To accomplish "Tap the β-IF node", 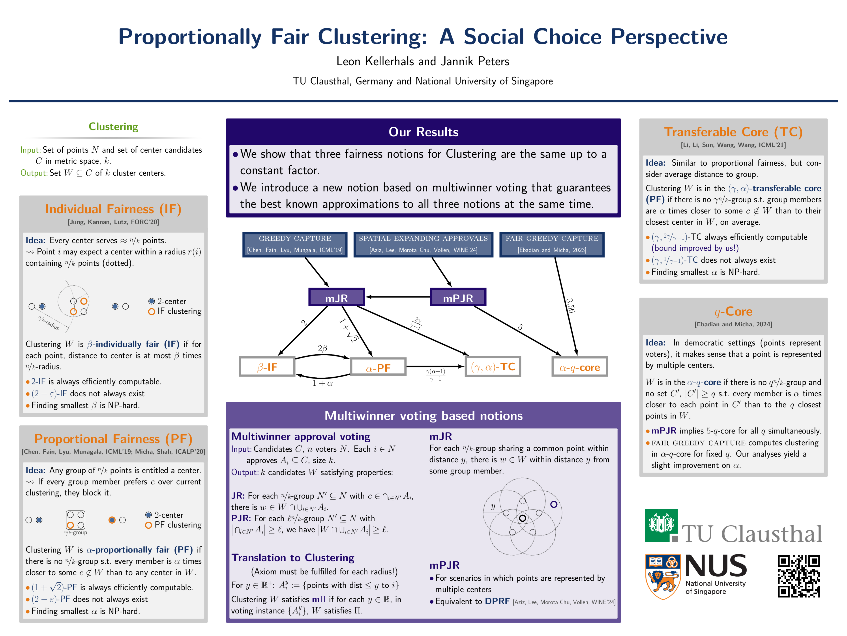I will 267,367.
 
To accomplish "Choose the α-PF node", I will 378,367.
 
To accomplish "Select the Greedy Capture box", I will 295,244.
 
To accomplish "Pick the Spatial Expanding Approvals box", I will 423,244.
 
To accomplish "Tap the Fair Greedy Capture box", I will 552,244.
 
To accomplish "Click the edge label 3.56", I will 571,306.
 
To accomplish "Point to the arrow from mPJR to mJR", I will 398,297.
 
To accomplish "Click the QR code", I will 799,576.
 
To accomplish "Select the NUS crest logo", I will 663,576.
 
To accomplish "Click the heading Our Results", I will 423,132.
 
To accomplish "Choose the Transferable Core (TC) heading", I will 733,132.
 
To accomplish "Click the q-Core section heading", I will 733,311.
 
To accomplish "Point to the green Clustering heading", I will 113,127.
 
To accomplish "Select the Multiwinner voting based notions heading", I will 423,416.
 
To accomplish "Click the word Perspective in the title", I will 669,37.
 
